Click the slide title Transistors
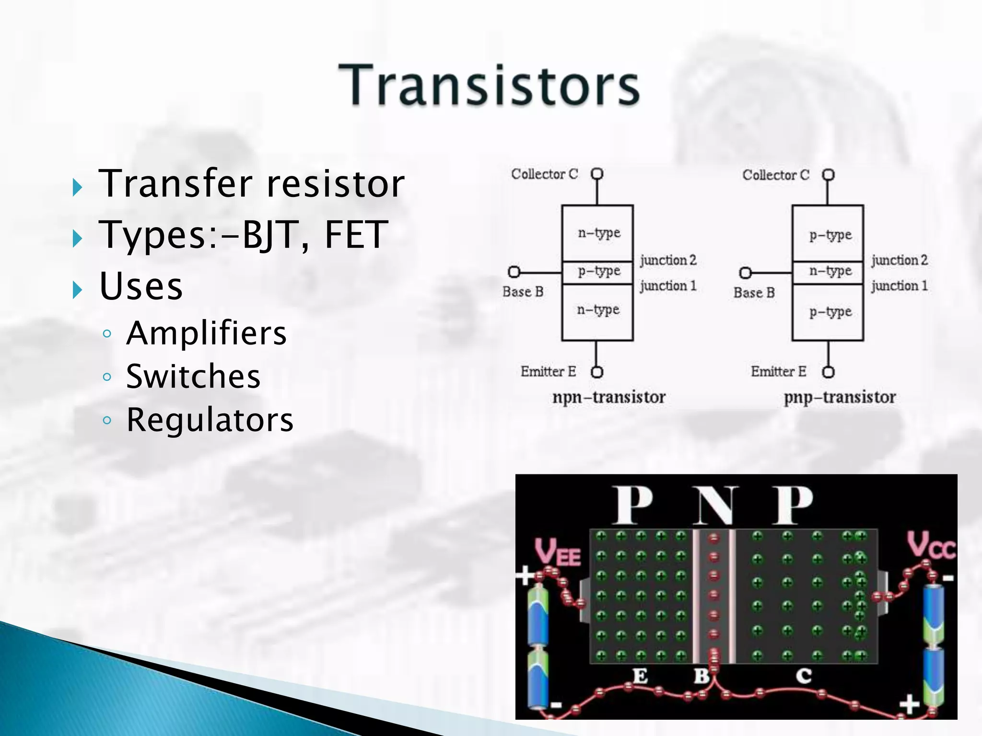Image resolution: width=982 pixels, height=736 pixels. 489,85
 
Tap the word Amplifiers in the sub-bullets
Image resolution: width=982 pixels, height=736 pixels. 206,333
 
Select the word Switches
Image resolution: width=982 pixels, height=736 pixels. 193,376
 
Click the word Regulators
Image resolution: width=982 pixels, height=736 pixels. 210,420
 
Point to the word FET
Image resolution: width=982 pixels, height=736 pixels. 356,235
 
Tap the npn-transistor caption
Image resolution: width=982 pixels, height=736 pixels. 609,397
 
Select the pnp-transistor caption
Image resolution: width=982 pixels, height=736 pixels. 840,397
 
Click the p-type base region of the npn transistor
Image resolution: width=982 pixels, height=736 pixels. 598,272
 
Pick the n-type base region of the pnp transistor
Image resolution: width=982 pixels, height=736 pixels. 830,272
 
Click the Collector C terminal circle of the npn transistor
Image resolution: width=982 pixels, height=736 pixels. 597,173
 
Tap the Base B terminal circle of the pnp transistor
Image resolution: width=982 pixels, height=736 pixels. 745,273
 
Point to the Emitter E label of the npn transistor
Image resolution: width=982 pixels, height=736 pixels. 548,371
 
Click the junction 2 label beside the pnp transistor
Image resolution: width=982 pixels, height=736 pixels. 900,260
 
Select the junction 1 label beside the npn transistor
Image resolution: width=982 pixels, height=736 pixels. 668,286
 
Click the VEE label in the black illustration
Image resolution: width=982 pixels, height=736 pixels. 557,552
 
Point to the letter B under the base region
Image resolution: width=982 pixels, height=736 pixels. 701,676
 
